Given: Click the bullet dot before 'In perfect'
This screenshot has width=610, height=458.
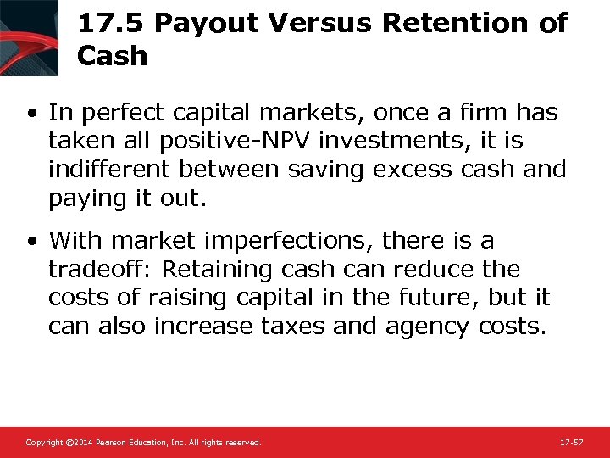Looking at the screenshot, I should (x=31, y=113).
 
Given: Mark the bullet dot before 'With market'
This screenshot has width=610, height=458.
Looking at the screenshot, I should (x=31, y=242).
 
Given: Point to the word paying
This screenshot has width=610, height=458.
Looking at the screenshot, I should (x=87, y=198).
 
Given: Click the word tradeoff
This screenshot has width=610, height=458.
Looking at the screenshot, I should (x=97, y=270).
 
